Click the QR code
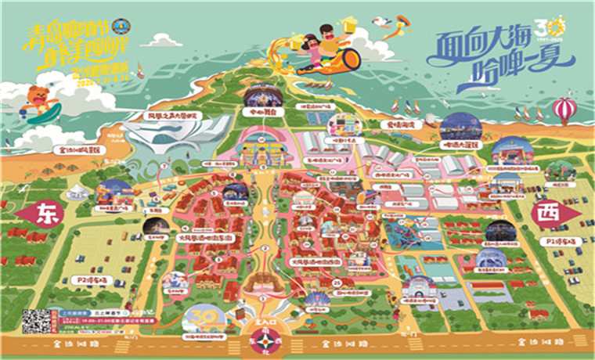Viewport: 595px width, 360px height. (36, 321)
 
